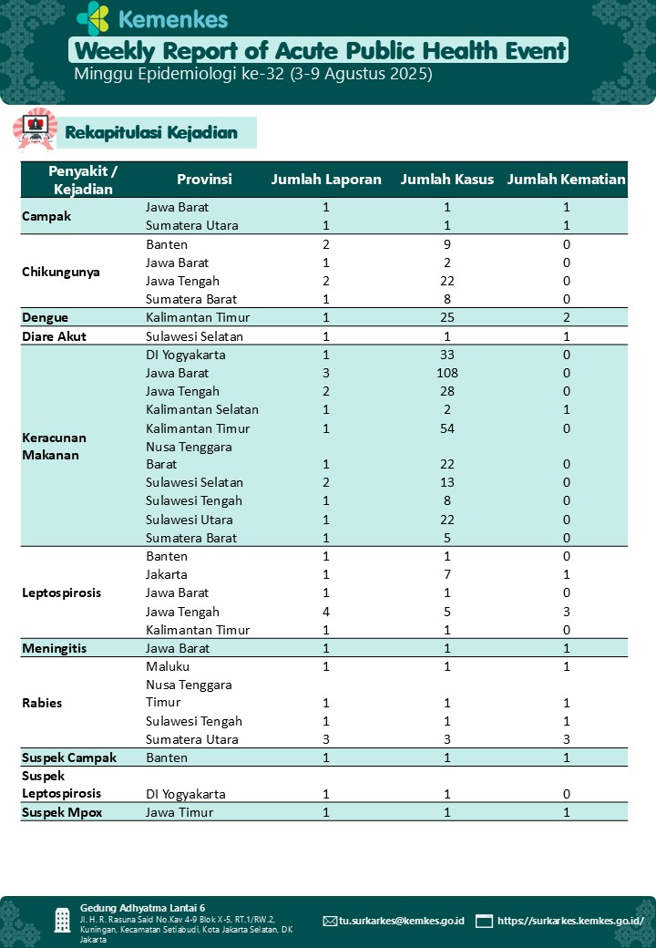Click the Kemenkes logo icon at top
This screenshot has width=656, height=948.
93,18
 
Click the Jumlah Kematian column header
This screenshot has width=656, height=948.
566,180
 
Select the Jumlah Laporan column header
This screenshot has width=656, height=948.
326,180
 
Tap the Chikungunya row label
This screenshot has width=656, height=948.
61,272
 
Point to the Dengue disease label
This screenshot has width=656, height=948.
46,317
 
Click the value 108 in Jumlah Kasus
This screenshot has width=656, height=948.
447,373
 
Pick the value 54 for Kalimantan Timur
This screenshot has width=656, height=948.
447,428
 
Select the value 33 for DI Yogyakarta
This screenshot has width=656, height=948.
447,355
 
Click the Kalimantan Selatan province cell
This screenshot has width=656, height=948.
202,409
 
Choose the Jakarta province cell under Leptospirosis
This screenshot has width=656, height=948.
167,575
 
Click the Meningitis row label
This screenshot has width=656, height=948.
55,648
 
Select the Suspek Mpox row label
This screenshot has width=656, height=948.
62,812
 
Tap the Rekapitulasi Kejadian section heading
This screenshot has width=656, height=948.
151,133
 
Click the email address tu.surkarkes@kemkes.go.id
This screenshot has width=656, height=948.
401,921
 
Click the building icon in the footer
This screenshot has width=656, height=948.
62,920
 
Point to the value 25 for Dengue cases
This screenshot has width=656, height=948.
447,317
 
